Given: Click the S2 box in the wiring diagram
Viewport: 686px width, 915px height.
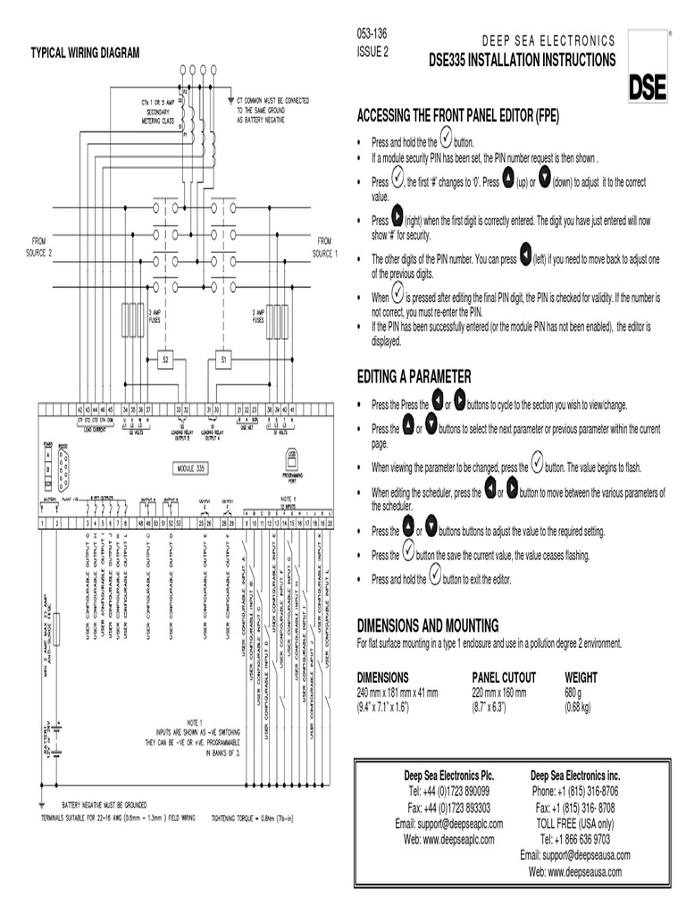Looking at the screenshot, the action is (x=164, y=360).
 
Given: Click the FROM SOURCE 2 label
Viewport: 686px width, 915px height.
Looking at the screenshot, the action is (x=39, y=247).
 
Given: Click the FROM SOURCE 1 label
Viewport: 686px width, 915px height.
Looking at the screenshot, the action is (x=324, y=247).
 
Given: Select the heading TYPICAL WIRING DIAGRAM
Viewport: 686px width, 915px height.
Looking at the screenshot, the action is (x=86, y=54).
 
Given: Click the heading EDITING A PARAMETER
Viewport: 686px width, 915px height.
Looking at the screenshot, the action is (x=414, y=376).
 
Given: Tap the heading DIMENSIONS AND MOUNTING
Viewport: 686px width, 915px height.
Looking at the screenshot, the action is (x=428, y=624).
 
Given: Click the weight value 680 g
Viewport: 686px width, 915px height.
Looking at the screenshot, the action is (x=573, y=693).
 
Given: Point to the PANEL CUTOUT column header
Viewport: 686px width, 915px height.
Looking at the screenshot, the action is (x=504, y=677).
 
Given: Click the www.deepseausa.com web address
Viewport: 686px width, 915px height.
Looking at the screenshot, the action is (x=574, y=871).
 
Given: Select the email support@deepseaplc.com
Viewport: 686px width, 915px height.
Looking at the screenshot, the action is (x=449, y=824).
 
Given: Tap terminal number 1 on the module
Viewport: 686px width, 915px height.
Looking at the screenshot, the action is (x=43, y=522).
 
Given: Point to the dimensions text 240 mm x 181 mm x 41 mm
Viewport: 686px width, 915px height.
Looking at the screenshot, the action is (x=397, y=693).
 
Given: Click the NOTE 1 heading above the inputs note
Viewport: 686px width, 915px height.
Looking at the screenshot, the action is (x=195, y=721).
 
